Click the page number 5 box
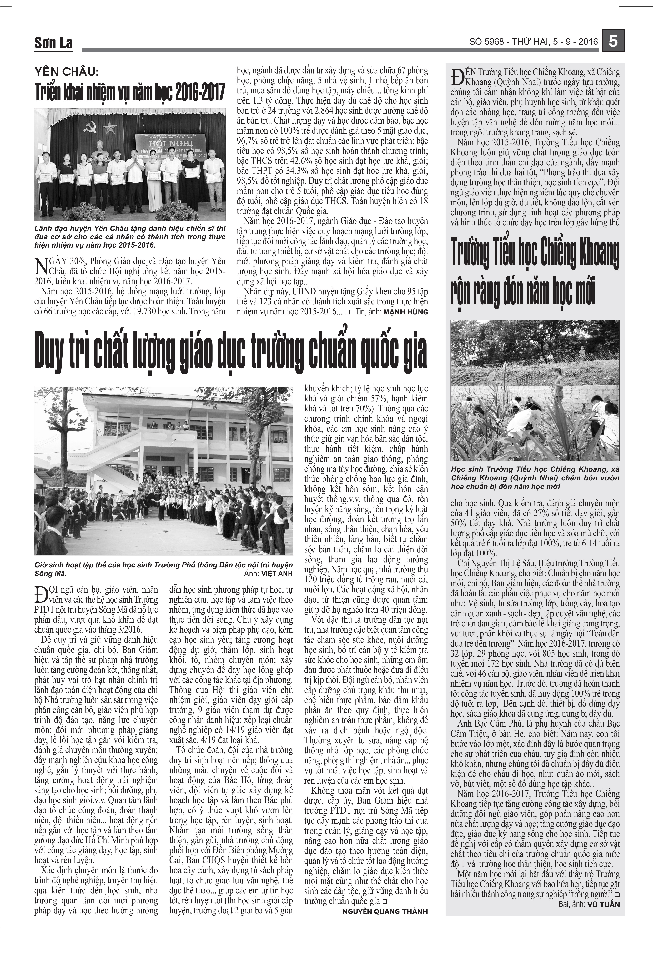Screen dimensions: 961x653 pyautogui.click(x=613, y=42)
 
